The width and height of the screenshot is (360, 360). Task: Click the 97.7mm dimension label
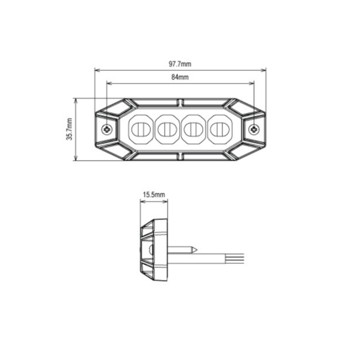180,64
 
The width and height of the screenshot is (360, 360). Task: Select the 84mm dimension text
180,78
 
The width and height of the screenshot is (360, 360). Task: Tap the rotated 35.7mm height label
69,130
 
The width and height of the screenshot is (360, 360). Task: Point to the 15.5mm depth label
153,195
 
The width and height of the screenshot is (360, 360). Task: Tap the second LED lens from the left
167,129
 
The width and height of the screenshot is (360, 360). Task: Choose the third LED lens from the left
192,129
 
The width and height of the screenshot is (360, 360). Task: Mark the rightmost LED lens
217,129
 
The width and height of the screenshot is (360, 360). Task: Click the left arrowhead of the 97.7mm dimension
97,70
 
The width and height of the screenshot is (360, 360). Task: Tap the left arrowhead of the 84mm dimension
108,84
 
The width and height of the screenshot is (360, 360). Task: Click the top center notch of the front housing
180,101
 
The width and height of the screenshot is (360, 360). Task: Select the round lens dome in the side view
149,250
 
